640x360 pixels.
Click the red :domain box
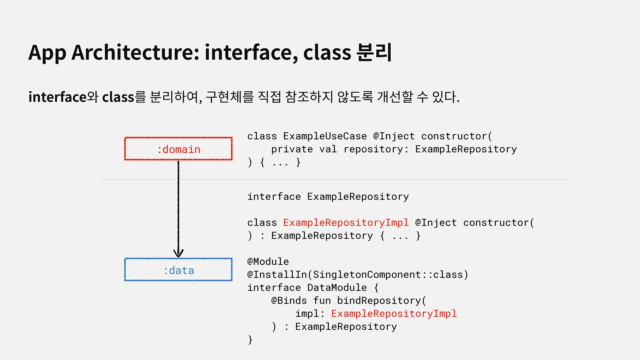click(x=178, y=149)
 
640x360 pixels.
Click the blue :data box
click(x=178, y=270)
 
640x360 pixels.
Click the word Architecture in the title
click(x=135, y=53)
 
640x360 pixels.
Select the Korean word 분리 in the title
click(x=374, y=53)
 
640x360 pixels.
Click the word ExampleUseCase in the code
click(x=325, y=136)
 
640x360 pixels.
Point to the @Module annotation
click(x=268, y=262)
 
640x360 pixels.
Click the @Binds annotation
click(x=289, y=301)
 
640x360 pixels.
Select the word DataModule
click(x=337, y=288)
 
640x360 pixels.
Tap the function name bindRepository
click(x=379, y=301)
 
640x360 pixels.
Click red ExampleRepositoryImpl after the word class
click(x=346, y=223)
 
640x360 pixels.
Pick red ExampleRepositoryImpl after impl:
click(x=394, y=314)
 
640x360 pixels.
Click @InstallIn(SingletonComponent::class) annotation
click(x=358, y=275)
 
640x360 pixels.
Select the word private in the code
click(x=292, y=149)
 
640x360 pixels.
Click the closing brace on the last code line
click(x=250, y=340)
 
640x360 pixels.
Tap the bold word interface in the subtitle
click(x=57, y=97)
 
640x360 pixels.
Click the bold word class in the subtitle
click(x=118, y=97)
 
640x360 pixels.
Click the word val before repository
click(x=328, y=149)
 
